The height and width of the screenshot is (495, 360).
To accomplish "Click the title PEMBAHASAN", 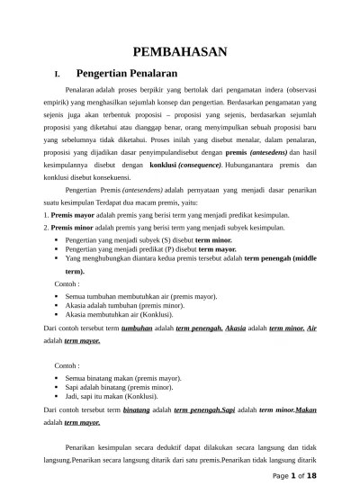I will (180, 52).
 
